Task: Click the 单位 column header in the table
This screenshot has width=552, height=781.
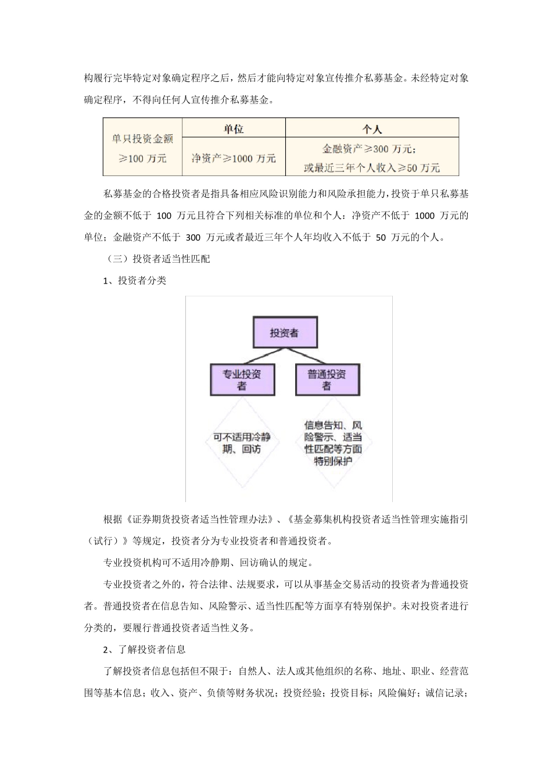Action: coord(234,129)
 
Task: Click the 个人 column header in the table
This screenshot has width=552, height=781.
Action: coord(372,129)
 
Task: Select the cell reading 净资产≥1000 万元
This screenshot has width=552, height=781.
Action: coord(234,157)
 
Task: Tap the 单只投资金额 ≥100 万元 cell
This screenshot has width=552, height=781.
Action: coord(143,148)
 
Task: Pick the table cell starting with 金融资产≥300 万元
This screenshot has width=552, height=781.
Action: coord(372,158)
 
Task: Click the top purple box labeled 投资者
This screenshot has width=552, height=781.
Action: coord(285,333)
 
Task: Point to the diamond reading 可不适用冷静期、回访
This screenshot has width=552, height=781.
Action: coord(242,443)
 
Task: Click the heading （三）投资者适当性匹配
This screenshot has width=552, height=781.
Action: coord(156,259)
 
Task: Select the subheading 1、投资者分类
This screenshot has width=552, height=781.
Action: coord(135,281)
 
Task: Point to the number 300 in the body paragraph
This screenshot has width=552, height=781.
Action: coord(193,238)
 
